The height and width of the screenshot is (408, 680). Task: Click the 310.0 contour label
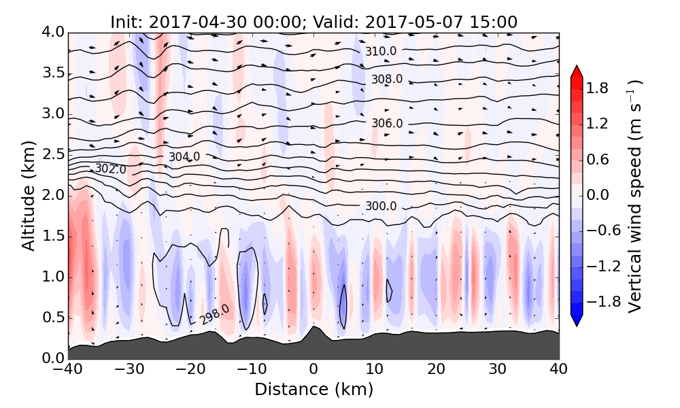pyautogui.click(x=380, y=51)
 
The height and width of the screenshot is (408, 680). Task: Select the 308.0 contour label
pyautogui.click(x=386, y=80)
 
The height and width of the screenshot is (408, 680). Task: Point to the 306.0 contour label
pyautogui.click(x=386, y=123)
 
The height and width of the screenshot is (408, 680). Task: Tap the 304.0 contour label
pyautogui.click(x=184, y=157)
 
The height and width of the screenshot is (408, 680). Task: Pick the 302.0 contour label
pyautogui.click(x=110, y=169)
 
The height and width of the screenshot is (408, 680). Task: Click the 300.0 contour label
pyautogui.click(x=380, y=206)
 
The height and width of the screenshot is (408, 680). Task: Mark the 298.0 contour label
pyautogui.click(x=214, y=315)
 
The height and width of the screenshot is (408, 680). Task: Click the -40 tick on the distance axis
pyautogui.click(x=68, y=369)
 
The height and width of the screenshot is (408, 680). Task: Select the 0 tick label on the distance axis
pyautogui.click(x=313, y=369)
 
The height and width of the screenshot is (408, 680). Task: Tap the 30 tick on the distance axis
pyautogui.click(x=498, y=369)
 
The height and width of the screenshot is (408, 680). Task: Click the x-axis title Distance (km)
pyautogui.click(x=313, y=390)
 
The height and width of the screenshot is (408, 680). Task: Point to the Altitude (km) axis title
pyautogui.click(x=29, y=195)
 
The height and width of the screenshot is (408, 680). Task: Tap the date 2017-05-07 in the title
pyautogui.click(x=405, y=22)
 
